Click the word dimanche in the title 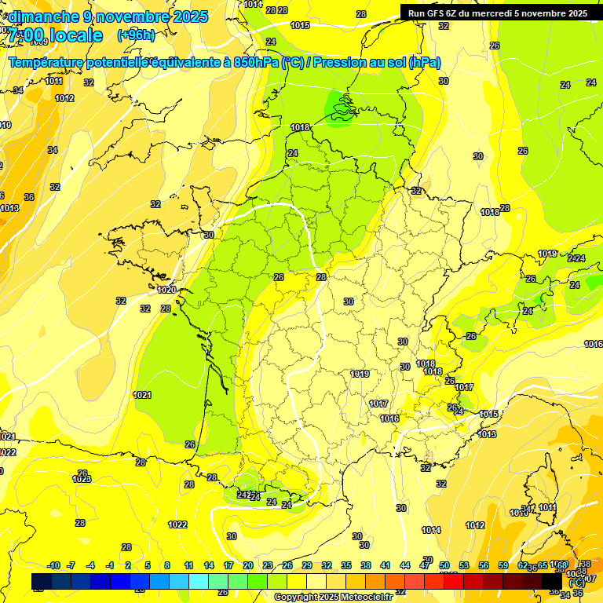[39, 16]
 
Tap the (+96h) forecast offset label [135, 35]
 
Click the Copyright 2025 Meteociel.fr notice [333, 597]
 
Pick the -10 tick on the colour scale [53, 565]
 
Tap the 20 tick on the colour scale [247, 565]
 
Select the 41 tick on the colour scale [385, 565]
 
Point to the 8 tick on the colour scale [167, 565]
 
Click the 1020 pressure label [166, 290]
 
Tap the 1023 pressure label [82, 479]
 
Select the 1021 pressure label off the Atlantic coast [142, 395]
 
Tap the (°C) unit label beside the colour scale [577, 583]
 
